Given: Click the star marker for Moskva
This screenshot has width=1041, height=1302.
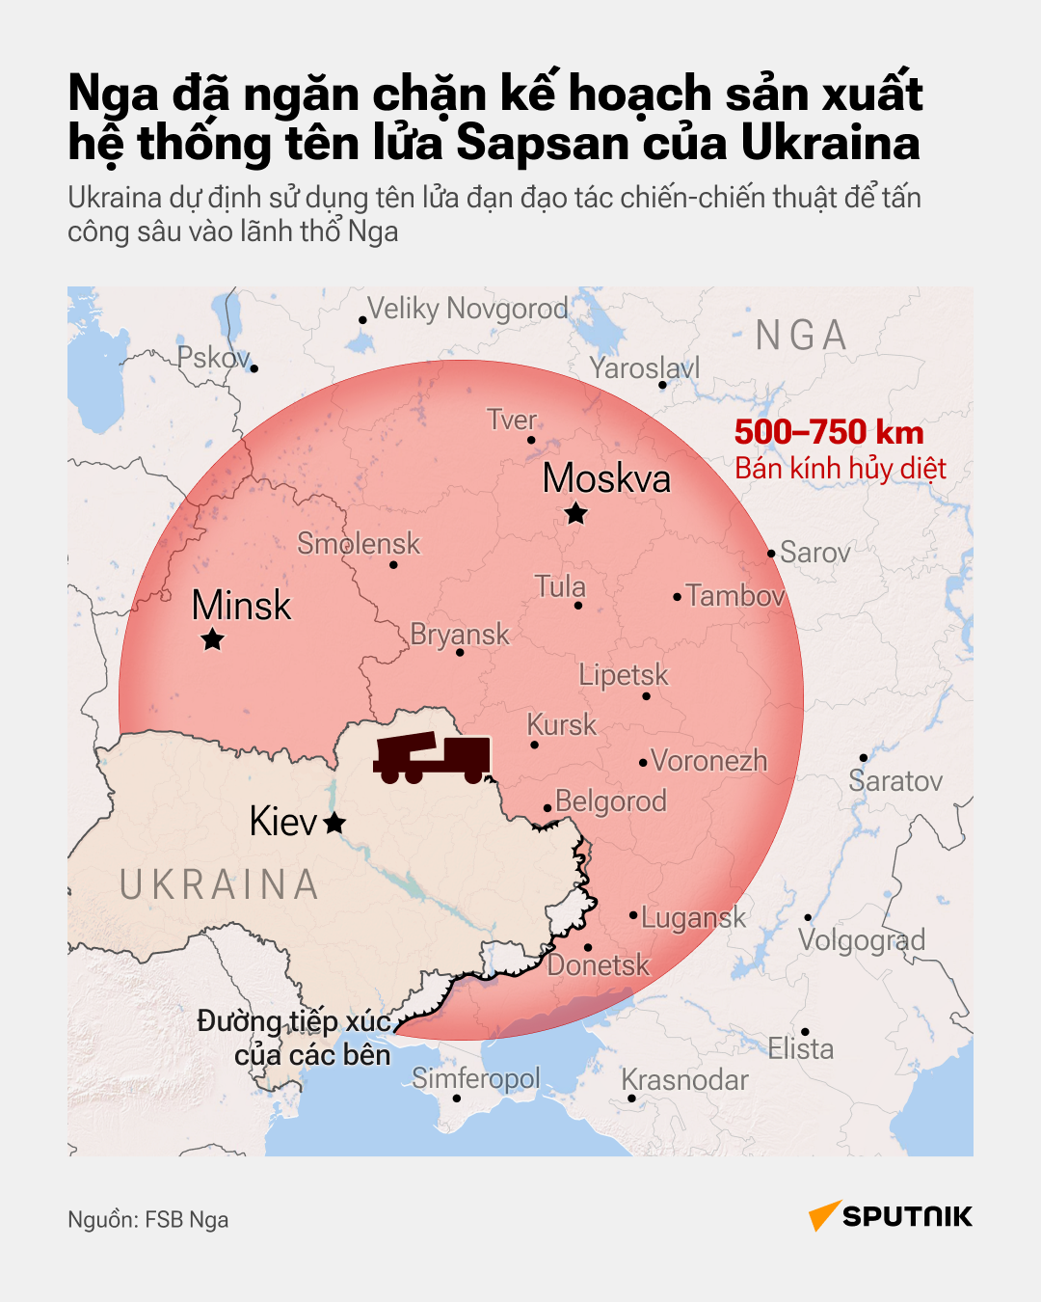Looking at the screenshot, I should click(576, 513).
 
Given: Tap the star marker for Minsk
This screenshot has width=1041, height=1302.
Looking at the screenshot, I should click(213, 639).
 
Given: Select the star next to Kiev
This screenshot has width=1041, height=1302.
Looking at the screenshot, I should click(334, 823).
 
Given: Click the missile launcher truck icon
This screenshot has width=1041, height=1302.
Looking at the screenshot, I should click(432, 758).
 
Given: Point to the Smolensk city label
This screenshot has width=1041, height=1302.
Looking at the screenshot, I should click(359, 544).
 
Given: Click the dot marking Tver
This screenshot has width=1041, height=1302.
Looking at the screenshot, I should click(531, 441).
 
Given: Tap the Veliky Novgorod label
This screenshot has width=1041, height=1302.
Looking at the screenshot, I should click(468, 309).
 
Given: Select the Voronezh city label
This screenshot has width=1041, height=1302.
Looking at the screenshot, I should click(709, 761).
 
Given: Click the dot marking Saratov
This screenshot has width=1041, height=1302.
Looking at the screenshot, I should click(864, 758).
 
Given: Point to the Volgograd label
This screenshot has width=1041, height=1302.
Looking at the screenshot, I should click(862, 940).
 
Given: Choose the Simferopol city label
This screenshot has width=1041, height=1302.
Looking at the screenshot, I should click(476, 1078).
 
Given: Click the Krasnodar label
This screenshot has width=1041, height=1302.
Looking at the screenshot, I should click(684, 1080).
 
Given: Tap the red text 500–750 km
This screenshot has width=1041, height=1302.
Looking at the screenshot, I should click(829, 432).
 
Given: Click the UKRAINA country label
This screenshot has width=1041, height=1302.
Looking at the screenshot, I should click(219, 885).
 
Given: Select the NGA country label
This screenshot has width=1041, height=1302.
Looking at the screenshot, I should click(801, 336).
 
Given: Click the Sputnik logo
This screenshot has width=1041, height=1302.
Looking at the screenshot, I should click(891, 1216).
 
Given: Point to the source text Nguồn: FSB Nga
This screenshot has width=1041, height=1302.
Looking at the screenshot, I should click(148, 1220).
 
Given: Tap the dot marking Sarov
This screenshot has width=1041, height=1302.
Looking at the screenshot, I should click(771, 554).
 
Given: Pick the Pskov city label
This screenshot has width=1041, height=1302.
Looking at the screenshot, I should click(213, 358).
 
